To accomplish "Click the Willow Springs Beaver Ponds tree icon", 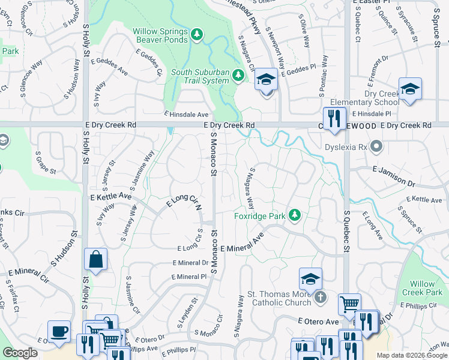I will (198, 35).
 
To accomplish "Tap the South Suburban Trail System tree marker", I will (238, 75).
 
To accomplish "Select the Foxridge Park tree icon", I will (294, 215).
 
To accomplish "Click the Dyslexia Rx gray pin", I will (376, 146).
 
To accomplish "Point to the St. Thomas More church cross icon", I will (321, 296).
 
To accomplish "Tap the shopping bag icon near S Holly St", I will (95, 259).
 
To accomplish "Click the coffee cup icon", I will (59, 331).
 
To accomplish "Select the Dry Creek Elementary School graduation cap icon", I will (410, 89).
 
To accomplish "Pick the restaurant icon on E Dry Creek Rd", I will (334, 118).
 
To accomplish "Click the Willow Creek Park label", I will (426, 288).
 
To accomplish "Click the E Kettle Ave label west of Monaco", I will (110, 196).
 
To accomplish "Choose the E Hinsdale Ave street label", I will (187, 114).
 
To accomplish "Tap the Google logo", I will (20, 353).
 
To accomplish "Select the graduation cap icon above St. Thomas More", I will (310, 278).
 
